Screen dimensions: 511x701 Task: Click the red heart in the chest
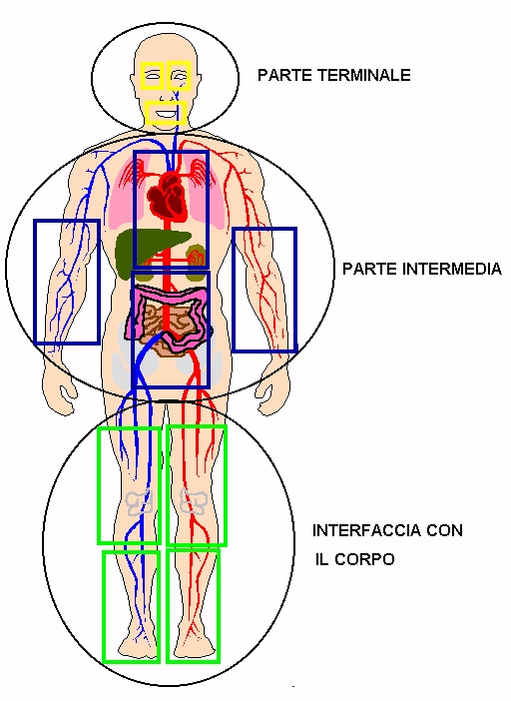[167, 195]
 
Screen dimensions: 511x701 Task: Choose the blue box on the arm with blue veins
[35, 282]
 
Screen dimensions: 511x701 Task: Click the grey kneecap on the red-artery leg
[193, 501]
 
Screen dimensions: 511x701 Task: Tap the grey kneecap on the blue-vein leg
[140, 501]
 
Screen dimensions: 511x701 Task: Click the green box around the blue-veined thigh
[98, 486]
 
